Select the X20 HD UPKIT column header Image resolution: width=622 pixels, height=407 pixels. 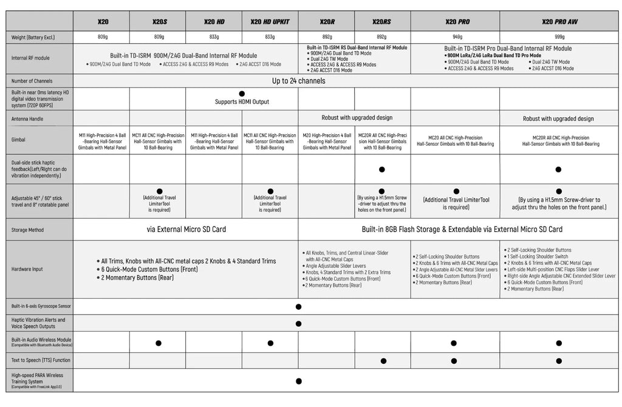270,21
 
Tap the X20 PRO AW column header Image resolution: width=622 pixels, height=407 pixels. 559,21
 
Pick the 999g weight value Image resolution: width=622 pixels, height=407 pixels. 559,37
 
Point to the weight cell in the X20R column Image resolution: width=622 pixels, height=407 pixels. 327,37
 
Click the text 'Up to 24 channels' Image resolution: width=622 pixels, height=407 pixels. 298,81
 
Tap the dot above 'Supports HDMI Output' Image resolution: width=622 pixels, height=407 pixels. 242,94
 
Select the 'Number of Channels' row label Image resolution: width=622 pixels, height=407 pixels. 32,81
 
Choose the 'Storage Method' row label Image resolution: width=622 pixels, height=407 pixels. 29,230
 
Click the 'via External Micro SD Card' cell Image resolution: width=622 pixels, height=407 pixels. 185,230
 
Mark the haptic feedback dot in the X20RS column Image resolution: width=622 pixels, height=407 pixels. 382,169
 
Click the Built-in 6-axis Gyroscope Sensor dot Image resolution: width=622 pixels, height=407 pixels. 298,307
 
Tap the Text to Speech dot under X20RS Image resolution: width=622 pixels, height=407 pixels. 383,361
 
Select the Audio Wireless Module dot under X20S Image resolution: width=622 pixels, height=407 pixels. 159,343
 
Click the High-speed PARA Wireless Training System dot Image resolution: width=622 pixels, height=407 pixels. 298,381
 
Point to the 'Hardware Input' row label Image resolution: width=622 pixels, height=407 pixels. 28,268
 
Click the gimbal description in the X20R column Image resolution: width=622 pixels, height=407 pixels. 327,140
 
